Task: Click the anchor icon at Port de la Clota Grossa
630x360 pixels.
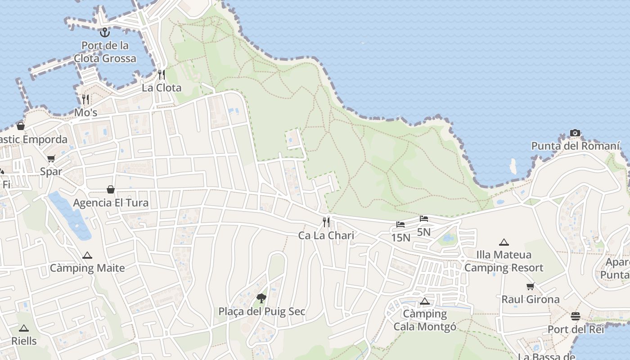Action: tap(105, 32)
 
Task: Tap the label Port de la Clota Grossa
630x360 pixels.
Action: tap(105, 52)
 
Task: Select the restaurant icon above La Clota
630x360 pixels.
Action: tap(162, 75)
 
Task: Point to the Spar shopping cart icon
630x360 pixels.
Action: tap(51, 158)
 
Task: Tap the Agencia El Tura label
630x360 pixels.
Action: tap(111, 203)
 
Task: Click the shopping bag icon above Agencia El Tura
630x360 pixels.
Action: tap(111, 189)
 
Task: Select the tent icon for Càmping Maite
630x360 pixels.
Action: tap(87, 255)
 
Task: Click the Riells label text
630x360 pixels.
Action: tap(24, 341)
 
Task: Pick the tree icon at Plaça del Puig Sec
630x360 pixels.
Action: tap(261, 298)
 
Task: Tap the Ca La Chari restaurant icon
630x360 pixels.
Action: tap(326, 222)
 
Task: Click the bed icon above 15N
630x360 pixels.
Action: tap(400, 224)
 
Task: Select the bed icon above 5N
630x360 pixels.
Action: tap(423, 219)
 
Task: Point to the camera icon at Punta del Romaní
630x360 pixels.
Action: tap(575, 133)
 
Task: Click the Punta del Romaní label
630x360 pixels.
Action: tap(576, 146)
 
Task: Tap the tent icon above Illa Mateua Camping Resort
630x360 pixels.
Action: tap(504, 242)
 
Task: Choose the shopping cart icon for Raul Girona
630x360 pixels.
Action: tap(531, 286)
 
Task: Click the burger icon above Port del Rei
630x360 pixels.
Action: tap(575, 316)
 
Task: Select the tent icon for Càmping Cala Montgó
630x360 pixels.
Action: tap(424, 301)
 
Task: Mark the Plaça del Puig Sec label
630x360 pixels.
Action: tap(262, 311)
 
